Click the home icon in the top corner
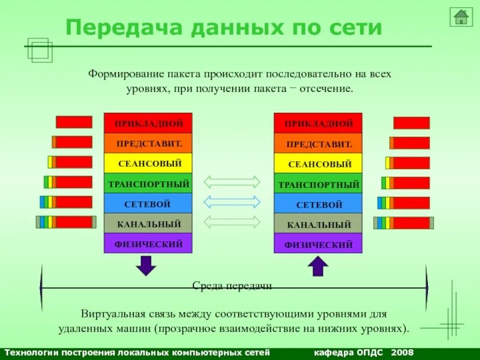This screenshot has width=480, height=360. [x=461, y=17]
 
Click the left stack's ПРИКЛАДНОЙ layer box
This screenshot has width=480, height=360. [x=148, y=123]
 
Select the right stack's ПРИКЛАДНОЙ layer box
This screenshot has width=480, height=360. [x=318, y=124]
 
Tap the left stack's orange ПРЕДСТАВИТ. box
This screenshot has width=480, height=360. [x=148, y=143]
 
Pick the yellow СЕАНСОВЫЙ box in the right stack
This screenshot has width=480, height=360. [x=318, y=163]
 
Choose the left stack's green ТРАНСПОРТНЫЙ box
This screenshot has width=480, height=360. [x=148, y=183]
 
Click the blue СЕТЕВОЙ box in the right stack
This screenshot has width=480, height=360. [x=318, y=203]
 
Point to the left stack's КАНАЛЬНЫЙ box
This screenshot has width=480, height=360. [x=148, y=223]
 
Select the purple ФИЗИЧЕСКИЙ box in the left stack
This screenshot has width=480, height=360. [x=148, y=243]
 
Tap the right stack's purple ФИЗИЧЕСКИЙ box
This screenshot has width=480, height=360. [x=318, y=244]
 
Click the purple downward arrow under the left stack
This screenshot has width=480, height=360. [x=145, y=265]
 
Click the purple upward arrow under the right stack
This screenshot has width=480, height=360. [x=317, y=265]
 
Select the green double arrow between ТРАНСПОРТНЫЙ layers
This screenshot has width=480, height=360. [x=232, y=182]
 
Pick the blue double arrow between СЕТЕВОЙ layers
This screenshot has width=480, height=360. [x=232, y=202]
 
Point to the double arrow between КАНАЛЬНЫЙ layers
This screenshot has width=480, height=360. [x=232, y=221]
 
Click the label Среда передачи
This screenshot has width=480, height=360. [x=232, y=286]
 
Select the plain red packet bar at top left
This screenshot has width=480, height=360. [x=74, y=122]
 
